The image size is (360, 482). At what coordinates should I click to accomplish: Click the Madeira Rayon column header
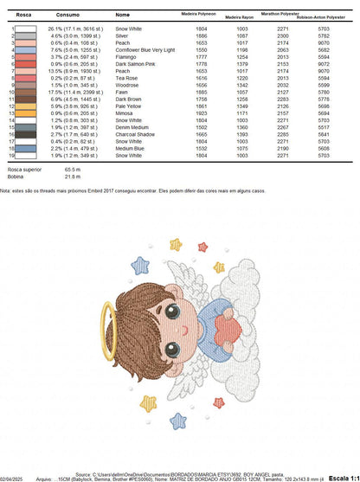click(x=240, y=16)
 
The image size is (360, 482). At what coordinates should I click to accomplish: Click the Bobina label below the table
click(x=14, y=177)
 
